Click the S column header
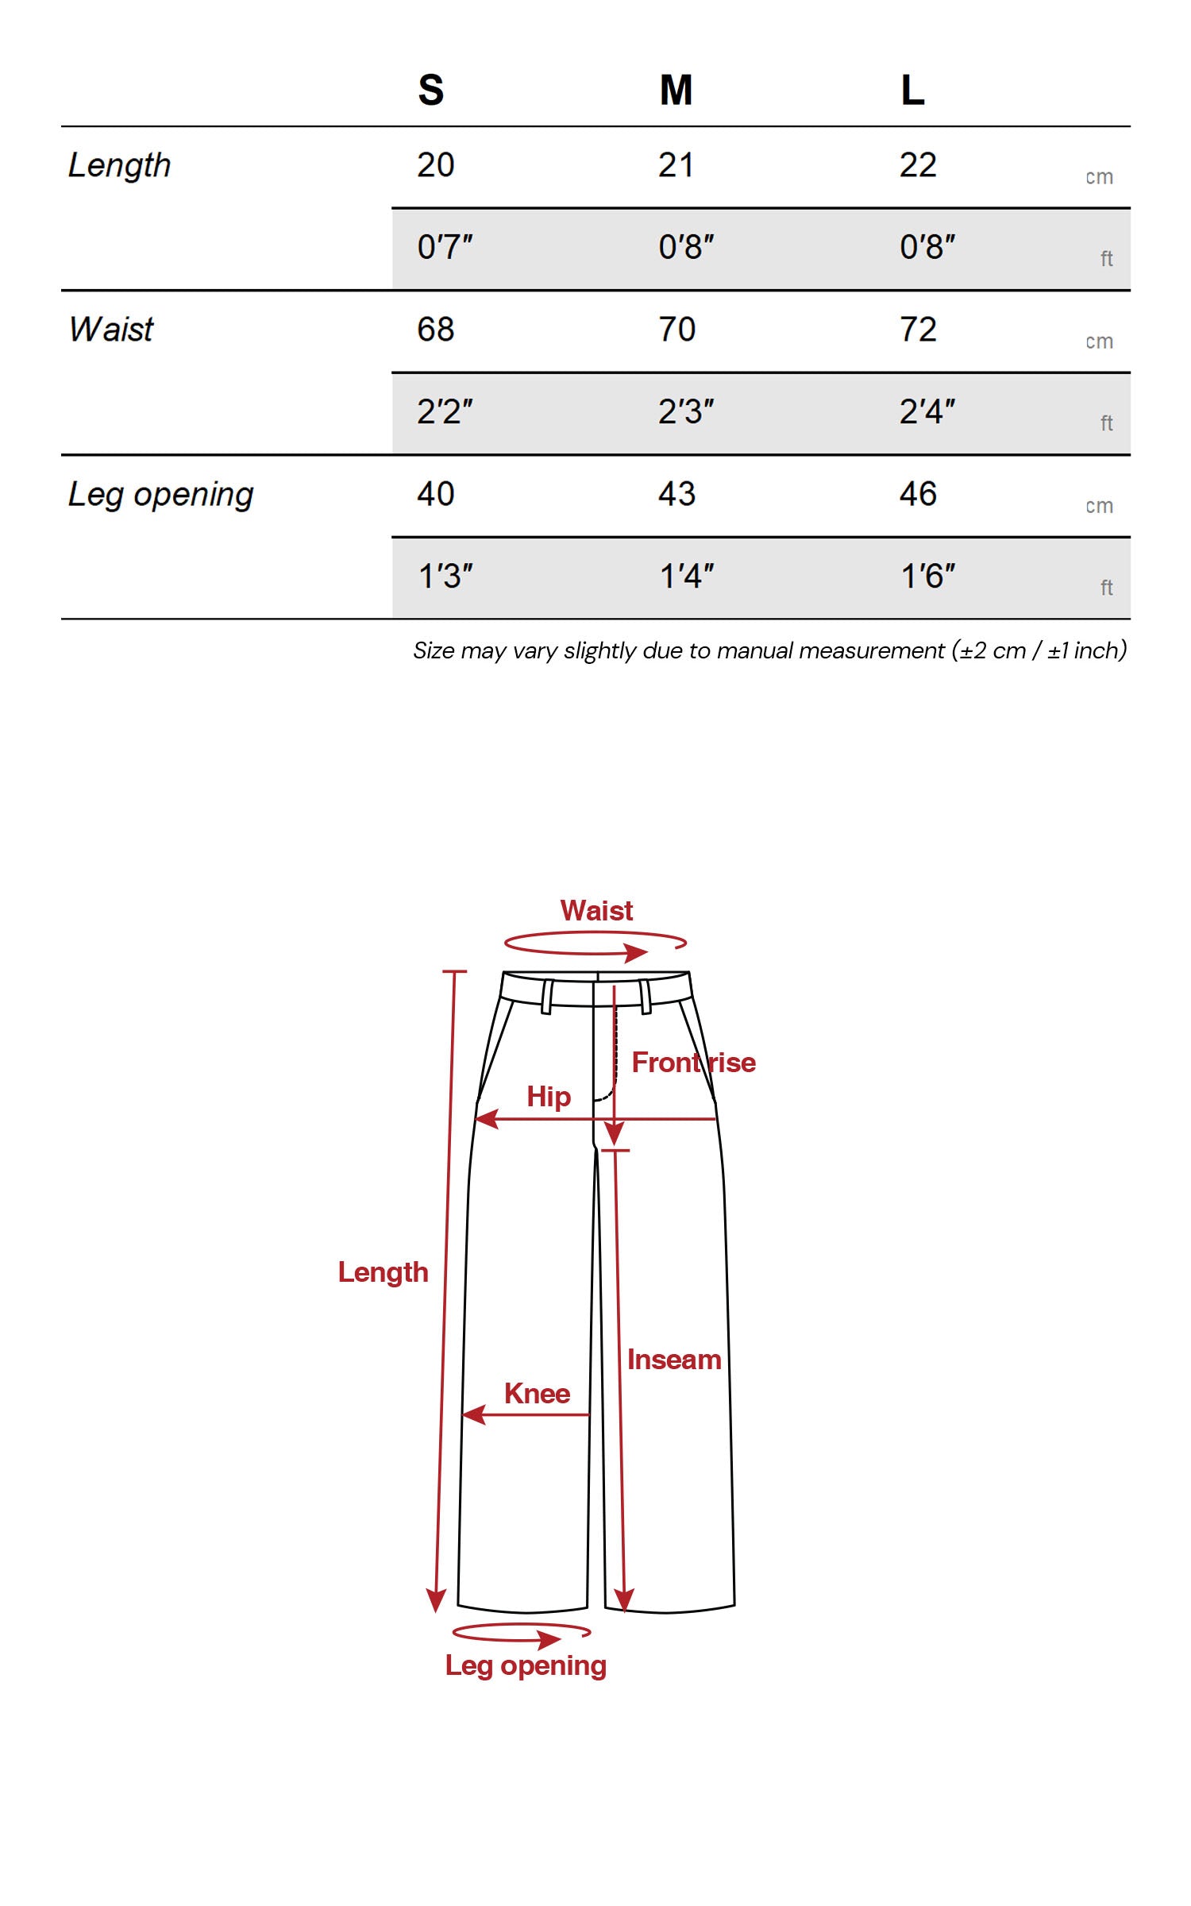tap(431, 90)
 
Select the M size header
tap(676, 90)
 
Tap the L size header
tap(912, 90)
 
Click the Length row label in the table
tap(119, 165)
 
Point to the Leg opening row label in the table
tap(160, 494)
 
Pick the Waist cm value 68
tap(435, 330)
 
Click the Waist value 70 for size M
tap(676, 330)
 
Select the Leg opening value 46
tap(918, 494)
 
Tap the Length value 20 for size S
tap(435, 165)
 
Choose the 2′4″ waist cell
tap(927, 412)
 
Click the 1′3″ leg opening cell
tap(445, 577)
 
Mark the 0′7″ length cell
tap(445, 248)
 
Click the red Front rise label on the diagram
tap(693, 1063)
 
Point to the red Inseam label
tap(674, 1360)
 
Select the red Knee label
tap(537, 1394)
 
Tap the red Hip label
tap(549, 1097)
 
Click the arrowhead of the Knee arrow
tap(473, 1414)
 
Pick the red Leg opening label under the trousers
tap(526, 1665)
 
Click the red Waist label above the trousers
tap(596, 911)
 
